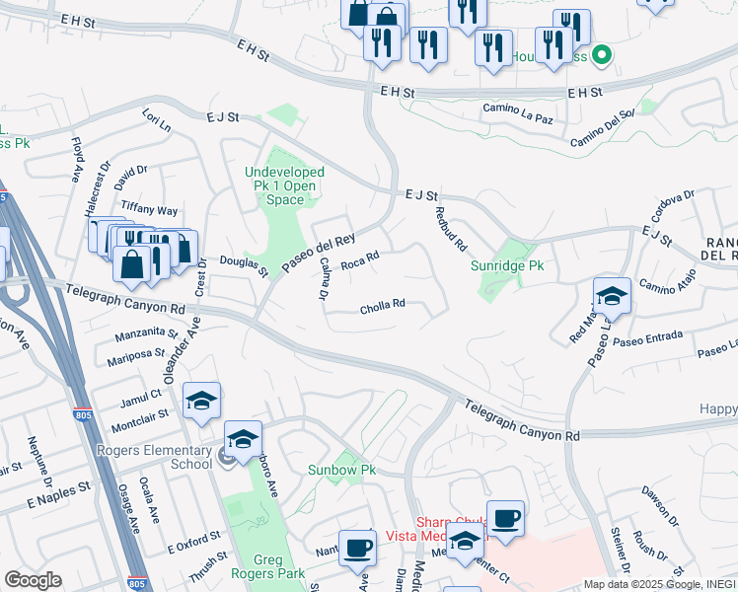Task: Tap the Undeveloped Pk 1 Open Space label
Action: [285, 185]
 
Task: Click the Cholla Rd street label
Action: [384, 305]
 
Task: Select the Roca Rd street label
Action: [360, 261]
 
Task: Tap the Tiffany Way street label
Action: [149, 210]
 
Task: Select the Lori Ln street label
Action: [157, 122]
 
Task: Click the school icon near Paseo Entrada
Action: [612, 295]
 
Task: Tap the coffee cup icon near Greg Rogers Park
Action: [357, 547]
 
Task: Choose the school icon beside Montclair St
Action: [201, 400]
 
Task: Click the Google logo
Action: [33, 580]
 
